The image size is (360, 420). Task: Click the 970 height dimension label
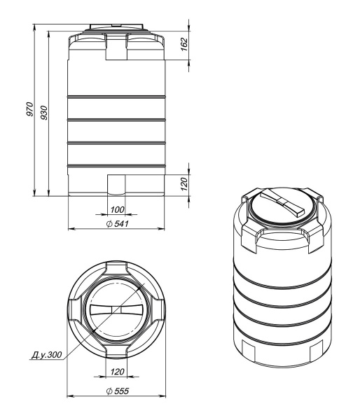(29, 109)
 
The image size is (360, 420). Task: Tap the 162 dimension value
(185, 45)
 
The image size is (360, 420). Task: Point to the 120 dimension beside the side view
(184, 183)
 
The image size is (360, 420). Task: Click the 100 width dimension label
(118, 210)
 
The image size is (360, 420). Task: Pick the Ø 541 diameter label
(118, 224)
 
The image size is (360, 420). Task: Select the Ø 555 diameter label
(118, 391)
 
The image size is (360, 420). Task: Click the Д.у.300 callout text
(47, 355)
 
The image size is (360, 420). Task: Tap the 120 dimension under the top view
(117, 372)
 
